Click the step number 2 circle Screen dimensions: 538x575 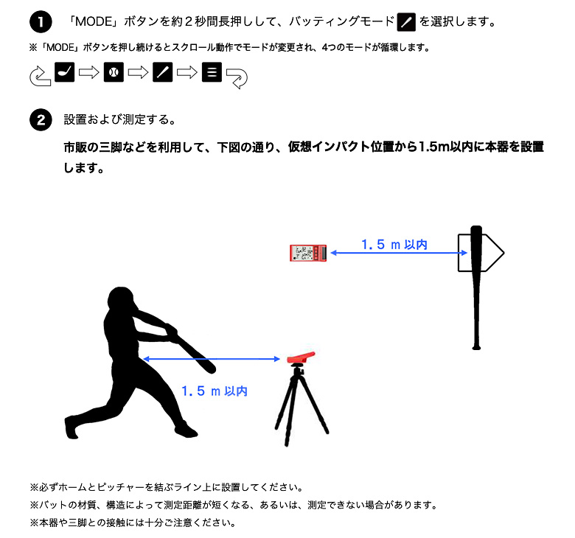40,120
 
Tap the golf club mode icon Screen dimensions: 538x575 65,73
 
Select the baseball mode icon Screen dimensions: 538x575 114,73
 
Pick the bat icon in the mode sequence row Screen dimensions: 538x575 162,73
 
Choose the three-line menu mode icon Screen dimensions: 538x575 212,73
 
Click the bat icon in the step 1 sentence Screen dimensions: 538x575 406,22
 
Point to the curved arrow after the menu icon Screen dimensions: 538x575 237,77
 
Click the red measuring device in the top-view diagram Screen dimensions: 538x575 309,253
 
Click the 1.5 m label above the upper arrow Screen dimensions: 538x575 394,244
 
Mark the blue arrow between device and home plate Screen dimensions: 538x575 399,254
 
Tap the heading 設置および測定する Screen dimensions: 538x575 119,120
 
